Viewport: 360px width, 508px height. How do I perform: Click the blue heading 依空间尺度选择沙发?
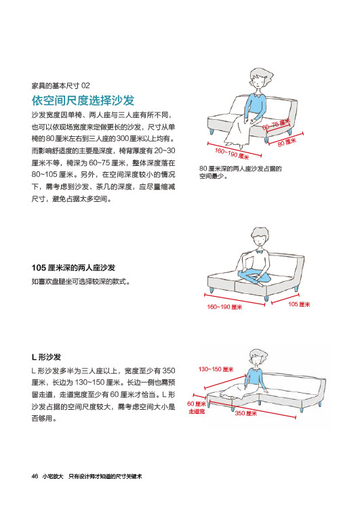pos(83,100)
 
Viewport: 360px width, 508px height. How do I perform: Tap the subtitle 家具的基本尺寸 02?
pos(60,85)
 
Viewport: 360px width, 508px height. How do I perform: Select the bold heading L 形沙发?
pos(46,357)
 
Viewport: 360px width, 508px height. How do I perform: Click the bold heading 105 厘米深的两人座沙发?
pos(73,268)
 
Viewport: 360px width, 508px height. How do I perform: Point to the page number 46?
pos(35,476)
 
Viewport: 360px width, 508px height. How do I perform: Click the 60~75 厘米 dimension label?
pos(276,125)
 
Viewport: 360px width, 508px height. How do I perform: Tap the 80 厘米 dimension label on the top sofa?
pos(287,142)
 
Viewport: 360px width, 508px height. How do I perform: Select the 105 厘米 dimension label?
pos(299,304)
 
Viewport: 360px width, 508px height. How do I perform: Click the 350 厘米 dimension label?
pos(246,413)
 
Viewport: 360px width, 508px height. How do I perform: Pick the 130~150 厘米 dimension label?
pos(216,369)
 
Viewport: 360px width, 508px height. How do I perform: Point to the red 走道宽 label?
pos(197,411)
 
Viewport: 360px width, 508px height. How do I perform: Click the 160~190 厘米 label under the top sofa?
pos(232,154)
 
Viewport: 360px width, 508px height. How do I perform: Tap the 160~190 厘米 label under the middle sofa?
pos(224,307)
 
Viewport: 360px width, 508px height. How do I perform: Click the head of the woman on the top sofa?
pos(260,79)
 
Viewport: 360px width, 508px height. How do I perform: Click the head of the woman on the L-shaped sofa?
pos(258,358)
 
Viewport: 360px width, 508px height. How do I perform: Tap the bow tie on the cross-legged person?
pos(259,251)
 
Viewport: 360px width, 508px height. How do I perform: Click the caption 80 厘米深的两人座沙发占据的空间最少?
pos(240,172)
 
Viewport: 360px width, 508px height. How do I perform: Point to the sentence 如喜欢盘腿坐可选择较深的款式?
pos(81,281)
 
